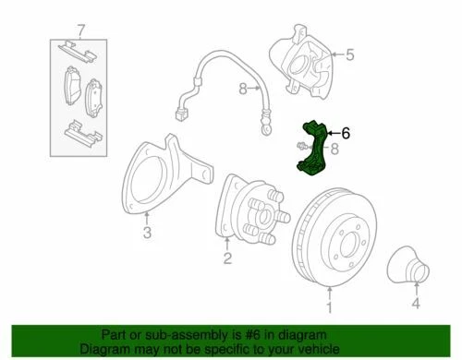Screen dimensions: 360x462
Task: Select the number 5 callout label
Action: (350, 55)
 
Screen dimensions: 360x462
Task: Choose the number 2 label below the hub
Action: (226, 260)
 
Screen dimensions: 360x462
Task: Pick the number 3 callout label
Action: (146, 234)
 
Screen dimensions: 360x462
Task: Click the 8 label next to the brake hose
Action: (241, 90)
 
